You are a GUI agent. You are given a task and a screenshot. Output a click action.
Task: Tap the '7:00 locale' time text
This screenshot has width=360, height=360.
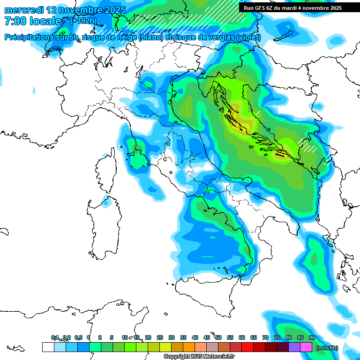[33, 21]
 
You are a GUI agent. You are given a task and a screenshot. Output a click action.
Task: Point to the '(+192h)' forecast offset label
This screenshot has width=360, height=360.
[84, 21]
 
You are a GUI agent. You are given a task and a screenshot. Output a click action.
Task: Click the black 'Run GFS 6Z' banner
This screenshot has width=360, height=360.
[292, 8]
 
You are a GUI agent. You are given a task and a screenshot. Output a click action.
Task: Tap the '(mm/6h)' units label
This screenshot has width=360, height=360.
[327, 348]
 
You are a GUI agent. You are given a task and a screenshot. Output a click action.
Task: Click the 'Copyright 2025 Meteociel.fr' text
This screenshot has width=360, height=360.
[199, 357]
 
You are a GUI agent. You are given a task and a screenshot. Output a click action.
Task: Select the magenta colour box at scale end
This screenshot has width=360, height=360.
[306, 347]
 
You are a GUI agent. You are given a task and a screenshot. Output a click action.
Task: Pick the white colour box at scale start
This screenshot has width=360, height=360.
[48, 347]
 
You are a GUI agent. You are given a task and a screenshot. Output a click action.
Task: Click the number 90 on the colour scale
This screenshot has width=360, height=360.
[312, 337]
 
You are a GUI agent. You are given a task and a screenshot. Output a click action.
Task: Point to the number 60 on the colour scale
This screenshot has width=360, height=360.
[241, 337]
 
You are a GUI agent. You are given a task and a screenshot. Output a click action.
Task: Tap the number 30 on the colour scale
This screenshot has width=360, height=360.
[171, 337]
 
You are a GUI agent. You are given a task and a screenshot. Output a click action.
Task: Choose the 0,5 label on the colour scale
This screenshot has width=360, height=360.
[78, 337]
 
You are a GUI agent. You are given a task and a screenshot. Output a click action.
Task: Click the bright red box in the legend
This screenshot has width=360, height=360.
[247, 347]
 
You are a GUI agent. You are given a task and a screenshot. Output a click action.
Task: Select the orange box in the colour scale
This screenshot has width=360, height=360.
[189, 347]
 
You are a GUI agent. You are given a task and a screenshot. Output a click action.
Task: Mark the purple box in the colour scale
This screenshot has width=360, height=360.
[294, 347]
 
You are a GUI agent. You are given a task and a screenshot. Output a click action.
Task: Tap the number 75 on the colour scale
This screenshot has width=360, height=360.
[277, 337]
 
